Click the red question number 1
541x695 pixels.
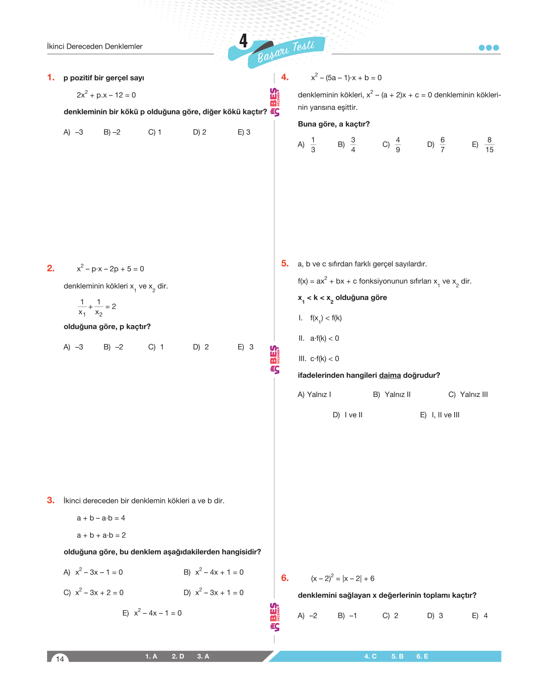[x=51, y=78]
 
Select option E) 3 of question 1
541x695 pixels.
[x=244, y=132]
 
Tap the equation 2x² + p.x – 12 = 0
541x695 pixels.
[x=106, y=95]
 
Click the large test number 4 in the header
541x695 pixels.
[x=243, y=41]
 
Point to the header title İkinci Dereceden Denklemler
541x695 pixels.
[x=95, y=47]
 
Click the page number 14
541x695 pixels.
[x=60, y=658]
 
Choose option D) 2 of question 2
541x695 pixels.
[x=201, y=347]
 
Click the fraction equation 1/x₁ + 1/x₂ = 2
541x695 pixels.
[x=97, y=307]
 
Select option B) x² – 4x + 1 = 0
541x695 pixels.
[x=213, y=572]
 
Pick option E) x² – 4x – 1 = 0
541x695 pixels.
[x=152, y=613]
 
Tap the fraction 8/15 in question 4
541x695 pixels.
[x=489, y=145]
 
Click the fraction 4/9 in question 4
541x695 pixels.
[x=398, y=145]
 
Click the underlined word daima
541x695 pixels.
[x=390, y=375]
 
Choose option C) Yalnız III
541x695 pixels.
[x=468, y=394]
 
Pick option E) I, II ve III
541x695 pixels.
[x=440, y=415]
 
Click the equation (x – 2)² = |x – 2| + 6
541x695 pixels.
[x=343, y=578]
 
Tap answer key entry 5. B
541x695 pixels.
[x=397, y=656]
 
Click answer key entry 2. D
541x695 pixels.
[x=178, y=656]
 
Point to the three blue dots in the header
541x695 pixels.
[x=489, y=47]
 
